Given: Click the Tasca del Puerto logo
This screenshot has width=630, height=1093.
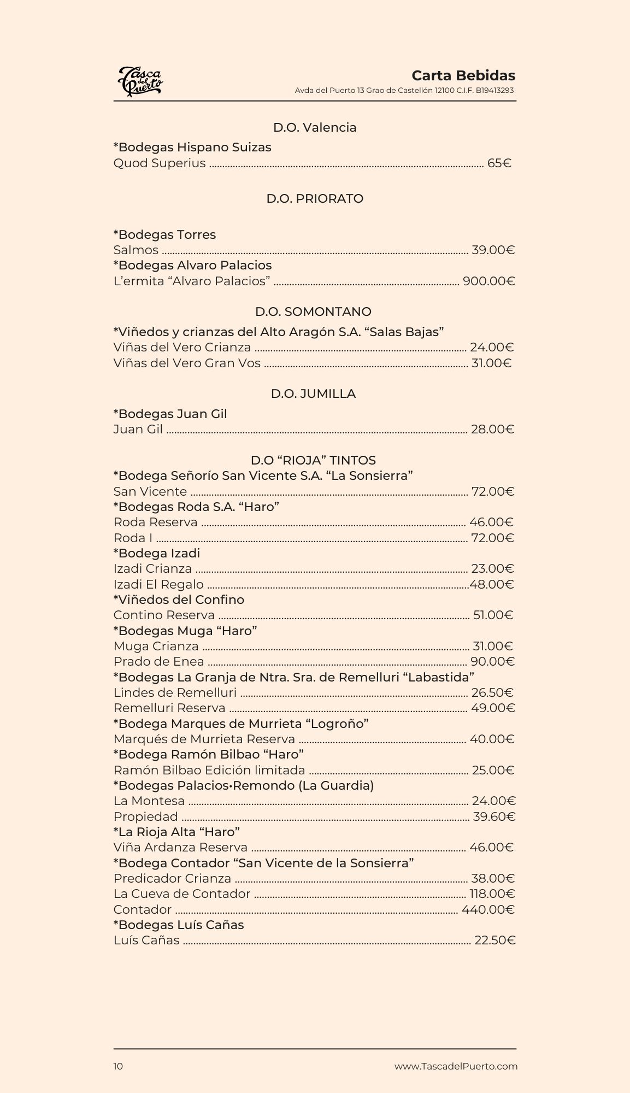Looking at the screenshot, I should [x=140, y=81].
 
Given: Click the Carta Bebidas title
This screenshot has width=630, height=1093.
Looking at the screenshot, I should [x=463, y=75].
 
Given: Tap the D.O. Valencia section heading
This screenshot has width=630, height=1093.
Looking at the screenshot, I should [x=315, y=127].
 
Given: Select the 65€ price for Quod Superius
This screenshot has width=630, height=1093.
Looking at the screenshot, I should [x=499, y=163].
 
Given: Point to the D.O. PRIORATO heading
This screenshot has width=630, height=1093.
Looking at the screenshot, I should [x=315, y=198].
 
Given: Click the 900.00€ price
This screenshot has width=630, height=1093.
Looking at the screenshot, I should [x=488, y=281].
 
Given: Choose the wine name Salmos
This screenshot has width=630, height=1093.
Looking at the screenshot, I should [x=136, y=250].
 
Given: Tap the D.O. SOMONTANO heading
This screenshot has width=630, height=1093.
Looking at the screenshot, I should [x=313, y=312].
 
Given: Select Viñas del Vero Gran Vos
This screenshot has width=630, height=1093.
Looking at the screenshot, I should [x=187, y=363].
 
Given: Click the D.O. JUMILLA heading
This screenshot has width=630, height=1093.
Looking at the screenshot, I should [x=313, y=393].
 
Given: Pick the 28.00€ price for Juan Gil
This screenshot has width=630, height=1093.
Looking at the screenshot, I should [x=492, y=429].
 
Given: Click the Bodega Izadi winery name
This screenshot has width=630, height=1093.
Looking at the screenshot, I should [x=157, y=553].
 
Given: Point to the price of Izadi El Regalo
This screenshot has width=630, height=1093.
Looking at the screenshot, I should [x=492, y=584].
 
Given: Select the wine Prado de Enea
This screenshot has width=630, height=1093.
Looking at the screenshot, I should [x=158, y=661].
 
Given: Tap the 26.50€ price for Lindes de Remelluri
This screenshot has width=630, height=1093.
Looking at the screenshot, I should [x=492, y=692].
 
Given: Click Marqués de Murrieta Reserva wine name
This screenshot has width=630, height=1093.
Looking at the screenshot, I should [x=204, y=739].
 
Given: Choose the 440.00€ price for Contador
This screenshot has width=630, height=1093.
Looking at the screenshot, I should [x=488, y=909].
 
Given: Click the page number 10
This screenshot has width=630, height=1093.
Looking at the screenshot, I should [x=118, y=1066].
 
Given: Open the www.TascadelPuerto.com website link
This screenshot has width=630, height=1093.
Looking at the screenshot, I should [x=456, y=1066].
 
